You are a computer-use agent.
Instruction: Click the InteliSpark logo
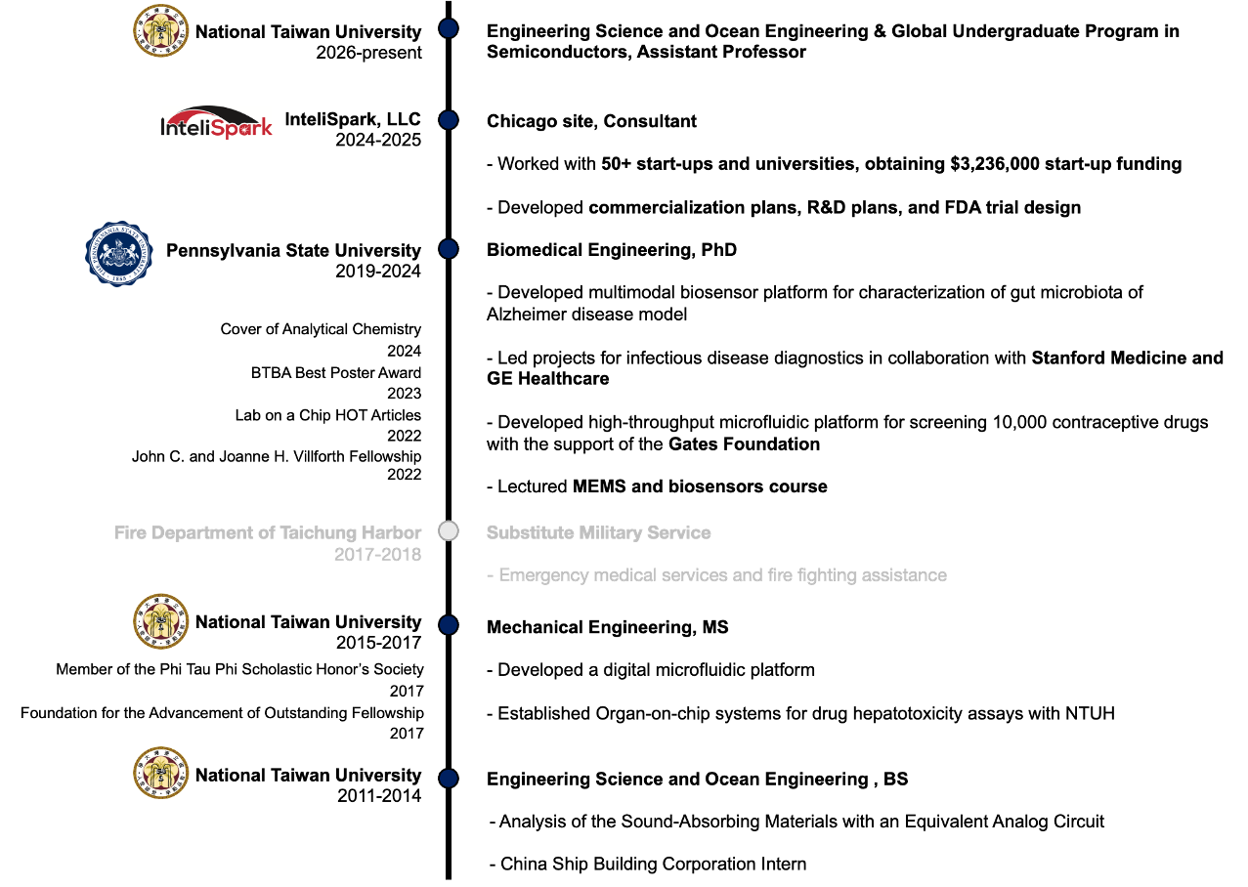click(x=217, y=123)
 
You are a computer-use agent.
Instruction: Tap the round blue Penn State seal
click(x=119, y=254)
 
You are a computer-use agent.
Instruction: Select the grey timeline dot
click(x=449, y=531)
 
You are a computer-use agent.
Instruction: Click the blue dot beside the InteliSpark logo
click(x=449, y=120)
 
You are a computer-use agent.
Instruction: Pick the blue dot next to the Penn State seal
click(x=449, y=249)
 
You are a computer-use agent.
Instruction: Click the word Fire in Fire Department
click(x=130, y=533)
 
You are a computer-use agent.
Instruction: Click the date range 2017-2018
click(x=377, y=555)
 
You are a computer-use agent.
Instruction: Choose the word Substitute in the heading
click(x=529, y=533)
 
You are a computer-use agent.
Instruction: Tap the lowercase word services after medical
click(x=695, y=575)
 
